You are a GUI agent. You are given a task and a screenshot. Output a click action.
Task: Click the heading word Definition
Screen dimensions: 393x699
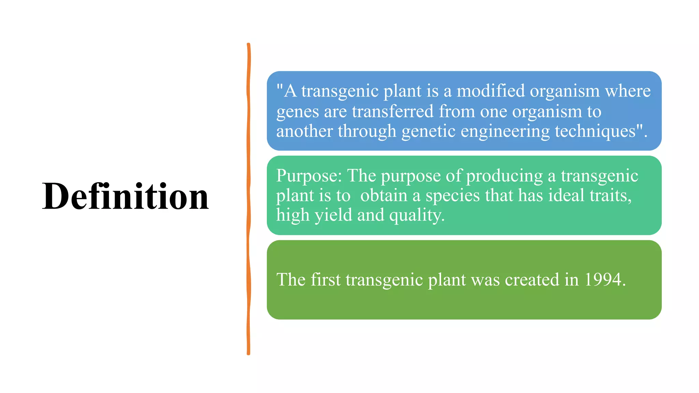pyautogui.click(x=125, y=196)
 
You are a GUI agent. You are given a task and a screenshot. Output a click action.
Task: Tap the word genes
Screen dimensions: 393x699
pyautogui.click(x=297, y=112)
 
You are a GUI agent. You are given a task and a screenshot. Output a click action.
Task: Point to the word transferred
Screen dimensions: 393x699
pyautogui.click(x=393, y=111)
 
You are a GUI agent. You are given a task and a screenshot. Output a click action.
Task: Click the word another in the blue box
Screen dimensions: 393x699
pyautogui.click(x=304, y=131)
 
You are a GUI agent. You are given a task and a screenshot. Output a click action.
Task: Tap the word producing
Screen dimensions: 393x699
pyautogui.click(x=504, y=176)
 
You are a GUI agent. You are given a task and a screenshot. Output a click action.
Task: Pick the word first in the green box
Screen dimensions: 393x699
pyautogui.click(x=325, y=280)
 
